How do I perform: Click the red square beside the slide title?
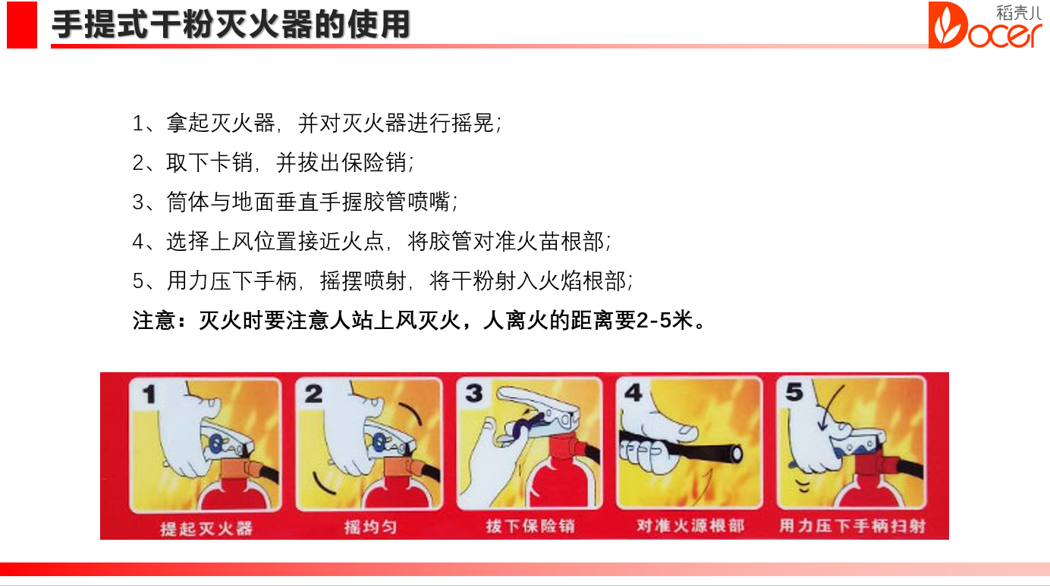point(22,25)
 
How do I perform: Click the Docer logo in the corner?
point(985,25)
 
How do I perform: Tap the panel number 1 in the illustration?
point(149,394)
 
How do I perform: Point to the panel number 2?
point(313,393)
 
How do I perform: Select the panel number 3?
point(473,393)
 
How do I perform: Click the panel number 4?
point(633,393)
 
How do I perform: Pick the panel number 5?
point(794,392)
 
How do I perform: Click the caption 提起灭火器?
point(206,528)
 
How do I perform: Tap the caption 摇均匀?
point(370,527)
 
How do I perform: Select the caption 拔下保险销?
point(530,526)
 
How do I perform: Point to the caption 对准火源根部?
point(690,525)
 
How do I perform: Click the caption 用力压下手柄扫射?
point(852,525)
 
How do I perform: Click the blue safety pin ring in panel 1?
point(216,443)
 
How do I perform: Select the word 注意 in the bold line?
point(154,321)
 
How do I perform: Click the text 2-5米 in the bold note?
point(665,321)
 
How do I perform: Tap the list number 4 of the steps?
point(138,242)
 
